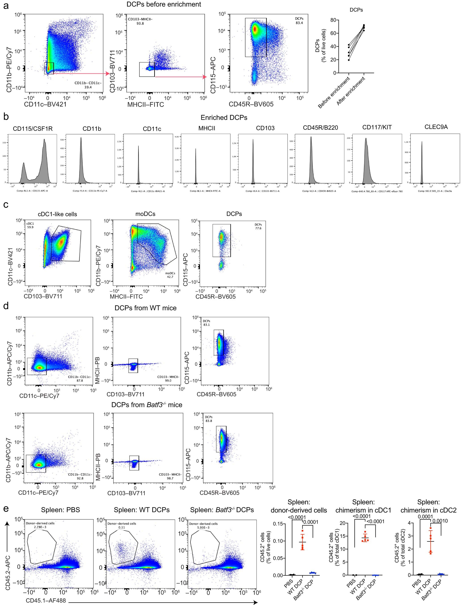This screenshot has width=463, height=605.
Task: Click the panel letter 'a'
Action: point(6,6)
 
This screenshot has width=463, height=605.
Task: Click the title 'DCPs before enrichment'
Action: point(164,4)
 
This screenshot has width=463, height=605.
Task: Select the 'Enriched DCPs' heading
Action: point(224,118)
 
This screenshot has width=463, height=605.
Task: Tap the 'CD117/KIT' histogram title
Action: point(377,127)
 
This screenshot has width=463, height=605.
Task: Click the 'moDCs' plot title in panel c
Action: point(145,214)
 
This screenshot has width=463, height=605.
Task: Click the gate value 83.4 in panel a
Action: point(299,23)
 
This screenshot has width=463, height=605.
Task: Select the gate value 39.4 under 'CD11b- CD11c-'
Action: point(88,87)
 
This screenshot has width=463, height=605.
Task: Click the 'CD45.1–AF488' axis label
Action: point(46,600)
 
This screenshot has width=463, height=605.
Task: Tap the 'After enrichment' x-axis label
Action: point(351,91)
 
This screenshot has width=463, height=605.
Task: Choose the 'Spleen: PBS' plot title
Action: point(60,510)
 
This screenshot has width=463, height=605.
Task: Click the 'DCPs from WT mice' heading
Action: point(145,308)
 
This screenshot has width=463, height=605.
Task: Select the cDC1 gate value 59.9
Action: point(30,227)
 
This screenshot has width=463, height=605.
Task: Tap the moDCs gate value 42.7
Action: point(170,277)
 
